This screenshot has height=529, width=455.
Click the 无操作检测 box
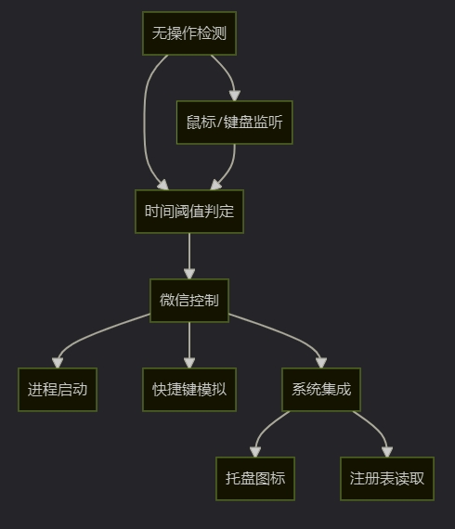(x=189, y=33)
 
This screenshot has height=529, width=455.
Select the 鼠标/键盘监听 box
(x=235, y=123)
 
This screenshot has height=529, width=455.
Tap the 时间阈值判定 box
(x=189, y=212)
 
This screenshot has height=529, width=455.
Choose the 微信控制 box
(x=189, y=301)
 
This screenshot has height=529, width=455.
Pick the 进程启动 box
(x=58, y=390)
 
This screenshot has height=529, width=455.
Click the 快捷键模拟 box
(x=189, y=390)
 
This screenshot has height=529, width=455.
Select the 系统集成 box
(x=321, y=390)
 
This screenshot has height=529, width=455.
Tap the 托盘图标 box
(x=255, y=479)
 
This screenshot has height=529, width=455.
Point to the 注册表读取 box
(x=387, y=479)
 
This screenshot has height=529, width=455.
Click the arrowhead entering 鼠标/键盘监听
(x=235, y=96)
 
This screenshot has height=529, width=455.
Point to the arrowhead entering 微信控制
(x=189, y=274)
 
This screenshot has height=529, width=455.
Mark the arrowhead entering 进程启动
(x=58, y=363)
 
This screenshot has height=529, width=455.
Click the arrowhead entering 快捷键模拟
(x=189, y=363)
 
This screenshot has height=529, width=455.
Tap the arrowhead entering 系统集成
(x=321, y=363)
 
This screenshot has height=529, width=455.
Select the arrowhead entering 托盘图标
(x=255, y=452)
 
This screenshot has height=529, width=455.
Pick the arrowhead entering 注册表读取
(x=387, y=452)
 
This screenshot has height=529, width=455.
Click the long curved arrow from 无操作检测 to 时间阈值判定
(x=145, y=123)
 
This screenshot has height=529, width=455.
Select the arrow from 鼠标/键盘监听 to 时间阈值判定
(x=230, y=165)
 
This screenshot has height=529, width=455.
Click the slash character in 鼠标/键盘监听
(x=220, y=123)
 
